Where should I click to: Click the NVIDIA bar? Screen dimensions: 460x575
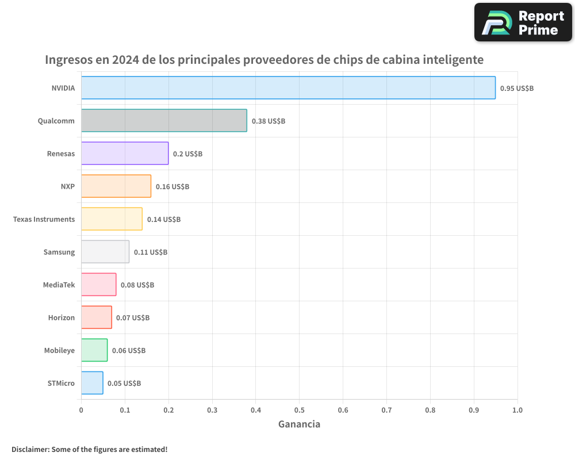coord(288,88)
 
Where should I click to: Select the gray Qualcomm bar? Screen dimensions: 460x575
coord(164,121)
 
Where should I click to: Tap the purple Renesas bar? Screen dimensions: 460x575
coord(125,154)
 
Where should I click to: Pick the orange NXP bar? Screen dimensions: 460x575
coord(116,186)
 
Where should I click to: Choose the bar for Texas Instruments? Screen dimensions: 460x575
coord(112,219)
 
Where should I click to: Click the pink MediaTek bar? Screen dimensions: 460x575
coord(98,285)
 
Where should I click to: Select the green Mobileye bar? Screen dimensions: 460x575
coord(94,350)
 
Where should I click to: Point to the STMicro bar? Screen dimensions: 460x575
coord(92,383)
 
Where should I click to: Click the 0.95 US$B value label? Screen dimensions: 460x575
coord(516,89)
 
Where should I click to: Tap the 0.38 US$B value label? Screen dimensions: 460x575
coord(268,121)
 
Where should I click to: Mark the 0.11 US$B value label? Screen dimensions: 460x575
coord(150,252)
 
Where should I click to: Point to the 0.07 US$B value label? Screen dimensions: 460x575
coord(133,318)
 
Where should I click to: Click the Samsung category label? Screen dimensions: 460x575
coord(59,252)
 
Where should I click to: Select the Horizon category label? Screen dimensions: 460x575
coord(61,318)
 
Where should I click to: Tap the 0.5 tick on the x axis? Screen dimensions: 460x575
coord(299,410)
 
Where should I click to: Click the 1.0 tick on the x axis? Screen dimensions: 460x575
coord(517,410)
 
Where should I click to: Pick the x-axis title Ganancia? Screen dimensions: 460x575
coord(299,424)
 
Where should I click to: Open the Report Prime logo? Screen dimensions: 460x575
coord(523,22)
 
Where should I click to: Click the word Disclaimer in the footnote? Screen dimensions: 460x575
coord(29,449)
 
